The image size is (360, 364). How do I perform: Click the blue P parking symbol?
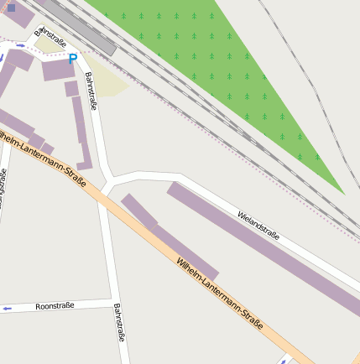click(x=72, y=59)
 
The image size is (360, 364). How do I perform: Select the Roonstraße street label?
click(x=55, y=306)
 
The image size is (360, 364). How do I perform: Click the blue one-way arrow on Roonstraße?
click(x=8, y=309)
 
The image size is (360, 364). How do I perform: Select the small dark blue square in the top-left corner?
click(x=11, y=8)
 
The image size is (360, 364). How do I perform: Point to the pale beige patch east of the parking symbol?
click(x=107, y=78)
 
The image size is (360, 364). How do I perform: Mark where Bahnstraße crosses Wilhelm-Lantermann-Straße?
click(x=103, y=199)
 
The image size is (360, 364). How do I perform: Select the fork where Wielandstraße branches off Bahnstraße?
click(x=112, y=179)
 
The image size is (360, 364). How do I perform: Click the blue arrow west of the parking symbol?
click(x=21, y=46)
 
